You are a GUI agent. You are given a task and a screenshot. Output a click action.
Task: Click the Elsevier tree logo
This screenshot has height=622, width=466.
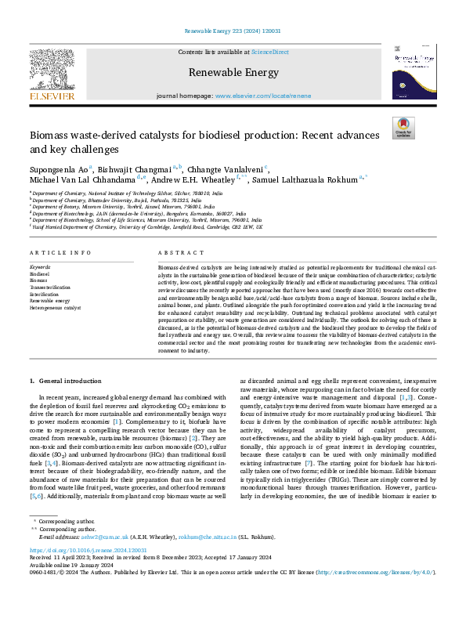point(53,70)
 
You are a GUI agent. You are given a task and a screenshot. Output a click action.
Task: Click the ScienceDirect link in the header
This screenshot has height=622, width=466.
point(269,52)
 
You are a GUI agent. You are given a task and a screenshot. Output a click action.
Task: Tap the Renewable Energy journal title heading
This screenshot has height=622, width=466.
point(233,73)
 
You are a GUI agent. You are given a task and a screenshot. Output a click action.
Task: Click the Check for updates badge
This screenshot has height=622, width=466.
point(403,128)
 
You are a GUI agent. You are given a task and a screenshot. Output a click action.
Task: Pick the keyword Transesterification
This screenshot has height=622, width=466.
point(52,287)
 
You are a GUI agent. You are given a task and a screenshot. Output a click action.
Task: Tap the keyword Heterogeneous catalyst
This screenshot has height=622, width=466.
point(56,308)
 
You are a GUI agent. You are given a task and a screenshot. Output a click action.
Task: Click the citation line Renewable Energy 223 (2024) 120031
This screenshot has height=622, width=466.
point(233,30)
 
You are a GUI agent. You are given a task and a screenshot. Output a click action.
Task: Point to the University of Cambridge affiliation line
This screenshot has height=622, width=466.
point(145,226)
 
